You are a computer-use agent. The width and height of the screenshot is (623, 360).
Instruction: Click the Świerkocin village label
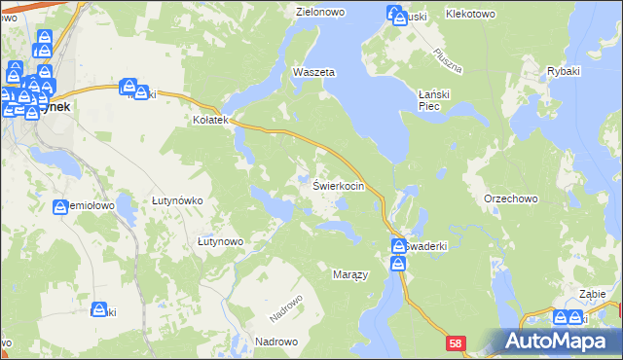(338, 185)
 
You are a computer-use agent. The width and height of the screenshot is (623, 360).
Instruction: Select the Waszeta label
(314, 73)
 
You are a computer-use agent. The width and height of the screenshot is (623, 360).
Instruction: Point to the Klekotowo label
(471, 15)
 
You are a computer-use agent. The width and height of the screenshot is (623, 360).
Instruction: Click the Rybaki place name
(565, 73)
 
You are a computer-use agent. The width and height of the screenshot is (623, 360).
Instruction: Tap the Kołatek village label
(209, 120)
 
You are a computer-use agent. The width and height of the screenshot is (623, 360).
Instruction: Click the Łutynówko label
(177, 200)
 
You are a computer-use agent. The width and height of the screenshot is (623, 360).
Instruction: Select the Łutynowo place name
(219, 240)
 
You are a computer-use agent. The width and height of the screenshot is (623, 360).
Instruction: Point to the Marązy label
(350, 275)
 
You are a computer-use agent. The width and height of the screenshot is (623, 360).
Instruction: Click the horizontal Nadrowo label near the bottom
(275, 342)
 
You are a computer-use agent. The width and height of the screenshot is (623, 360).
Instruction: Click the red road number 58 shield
(457, 343)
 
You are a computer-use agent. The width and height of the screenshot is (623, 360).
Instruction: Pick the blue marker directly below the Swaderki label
(399, 264)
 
